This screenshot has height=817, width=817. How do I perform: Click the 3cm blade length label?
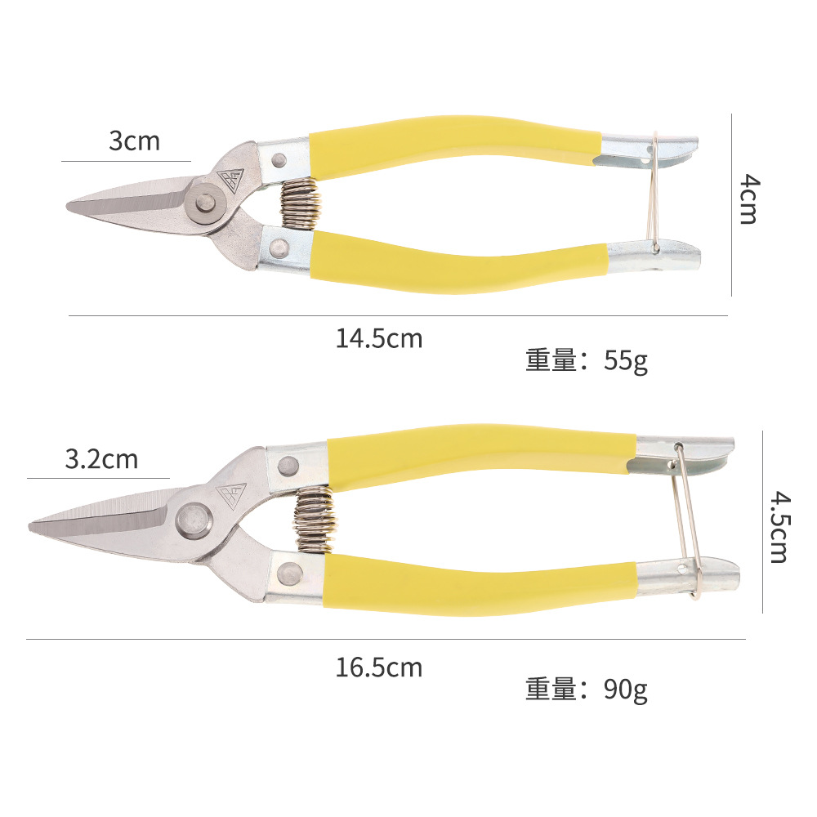(x=135, y=141)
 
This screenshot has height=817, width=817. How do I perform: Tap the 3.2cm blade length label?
(x=101, y=459)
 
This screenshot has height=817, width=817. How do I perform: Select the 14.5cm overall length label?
(x=379, y=337)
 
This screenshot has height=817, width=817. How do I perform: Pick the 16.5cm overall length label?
(x=379, y=667)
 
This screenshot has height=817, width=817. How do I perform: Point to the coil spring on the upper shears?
(x=298, y=204)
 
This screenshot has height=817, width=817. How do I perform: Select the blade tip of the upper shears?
(x=69, y=206)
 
